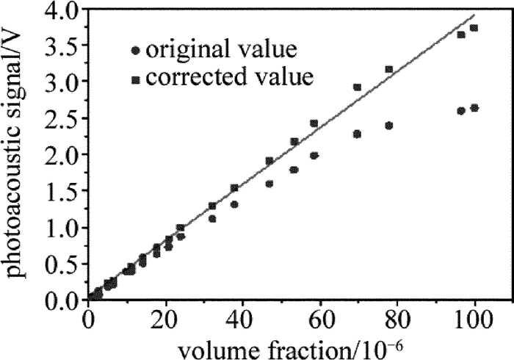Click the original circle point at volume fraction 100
(x=474, y=108)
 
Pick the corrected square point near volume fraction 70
(x=358, y=87)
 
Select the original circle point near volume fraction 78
(x=389, y=126)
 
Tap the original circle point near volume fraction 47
(x=269, y=184)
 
